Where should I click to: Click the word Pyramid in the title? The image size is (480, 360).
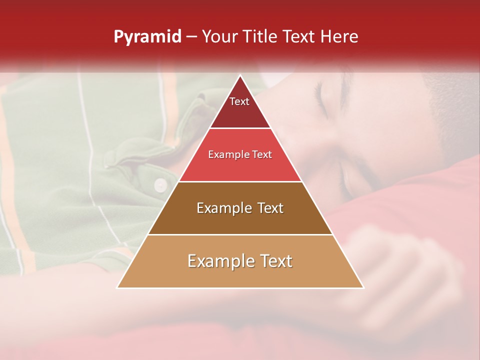click(147, 36)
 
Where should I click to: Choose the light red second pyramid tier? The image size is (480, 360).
click(240, 155)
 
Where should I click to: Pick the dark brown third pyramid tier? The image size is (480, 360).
click(240, 208)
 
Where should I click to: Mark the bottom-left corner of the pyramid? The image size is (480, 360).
click(117, 287)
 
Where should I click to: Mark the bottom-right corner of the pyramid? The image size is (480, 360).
click(363, 287)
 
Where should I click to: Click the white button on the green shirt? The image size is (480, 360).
click(160, 185)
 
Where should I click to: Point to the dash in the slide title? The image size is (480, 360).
click(191, 36)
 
